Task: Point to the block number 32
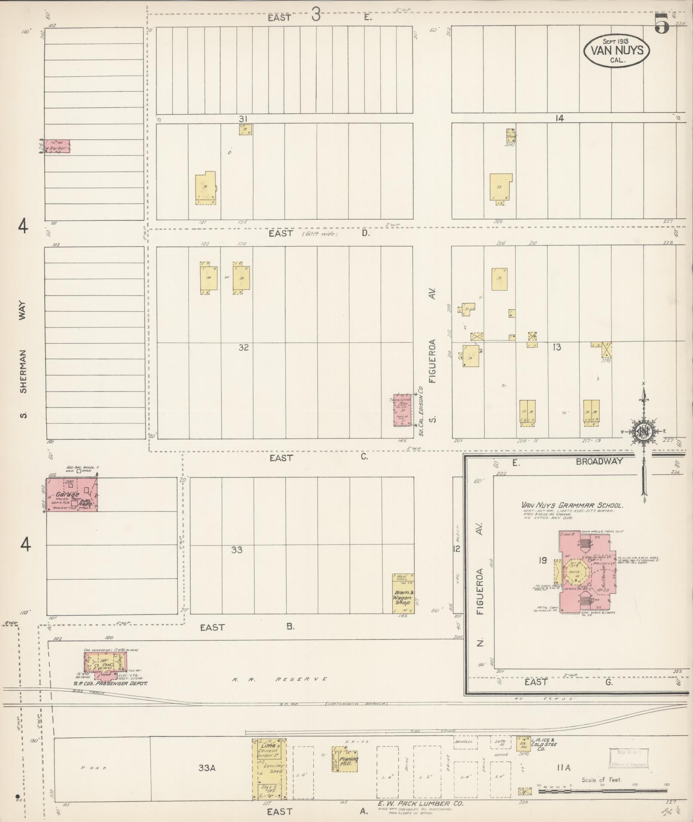[244, 347]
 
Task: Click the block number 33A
[207, 768]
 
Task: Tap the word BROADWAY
[599, 461]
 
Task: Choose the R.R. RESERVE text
[279, 679]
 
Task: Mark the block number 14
[559, 119]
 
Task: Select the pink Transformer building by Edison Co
[403, 410]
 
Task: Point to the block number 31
[244, 119]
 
